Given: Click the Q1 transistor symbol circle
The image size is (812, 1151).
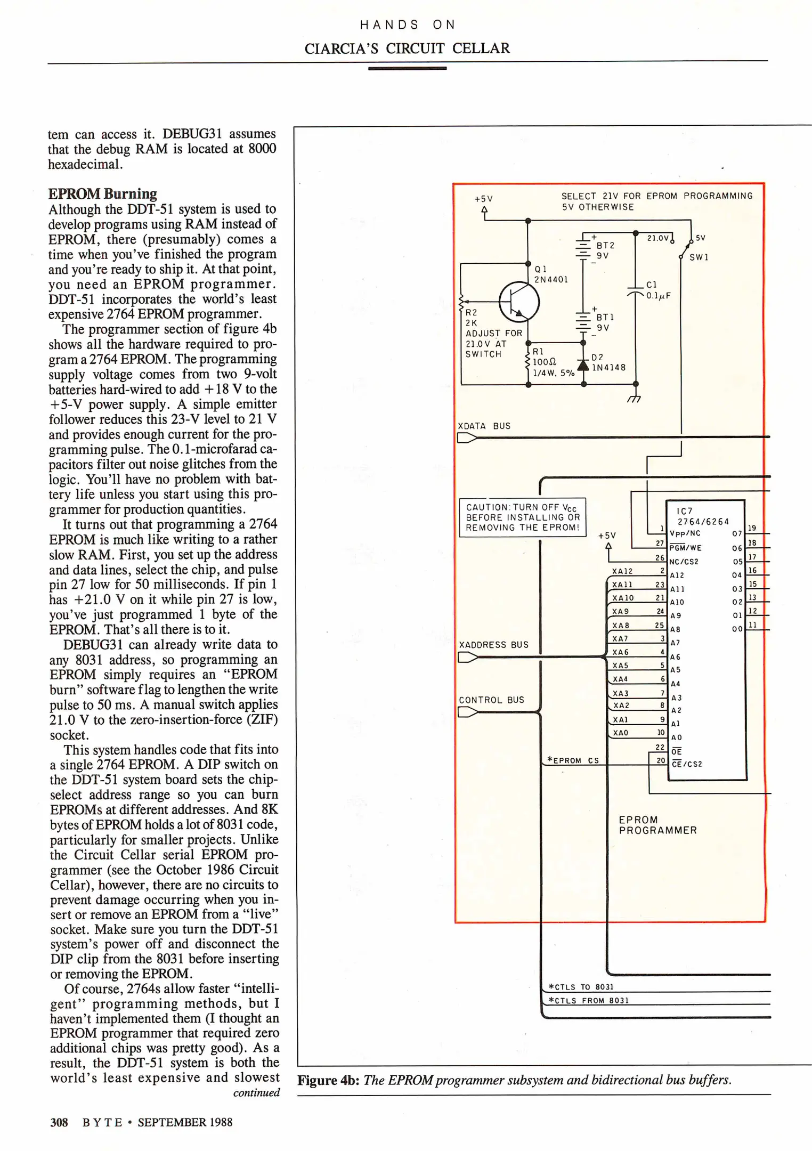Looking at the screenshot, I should click(x=519, y=302).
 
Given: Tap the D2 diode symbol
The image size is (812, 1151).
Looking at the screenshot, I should click(x=584, y=366).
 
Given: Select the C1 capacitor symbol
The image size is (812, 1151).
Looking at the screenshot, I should click(x=636, y=291).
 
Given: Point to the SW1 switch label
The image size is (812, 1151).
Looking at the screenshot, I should click(x=699, y=257).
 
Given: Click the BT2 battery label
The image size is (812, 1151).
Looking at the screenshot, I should click(x=605, y=246).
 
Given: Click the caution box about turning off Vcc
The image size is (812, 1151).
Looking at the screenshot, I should click(x=522, y=517).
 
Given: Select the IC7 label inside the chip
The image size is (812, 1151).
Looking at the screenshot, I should click(x=685, y=511).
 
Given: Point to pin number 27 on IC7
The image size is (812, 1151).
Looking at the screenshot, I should click(x=660, y=544).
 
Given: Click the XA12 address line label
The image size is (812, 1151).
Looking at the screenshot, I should click(x=622, y=571).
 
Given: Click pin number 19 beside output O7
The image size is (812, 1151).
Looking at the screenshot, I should click(x=752, y=528).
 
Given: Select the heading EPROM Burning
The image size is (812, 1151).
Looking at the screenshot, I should click(x=102, y=193).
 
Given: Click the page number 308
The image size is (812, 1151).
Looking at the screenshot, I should click(x=59, y=1122).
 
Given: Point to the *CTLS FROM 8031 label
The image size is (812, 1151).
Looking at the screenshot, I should click(x=589, y=1001).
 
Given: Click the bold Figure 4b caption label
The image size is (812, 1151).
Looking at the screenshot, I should click(x=328, y=1080).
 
